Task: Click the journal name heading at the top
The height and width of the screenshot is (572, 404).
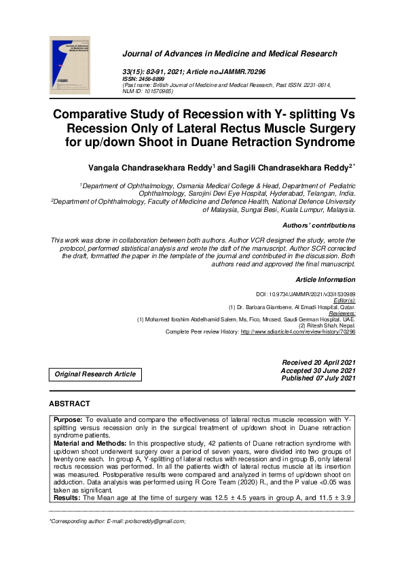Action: tap(229, 54)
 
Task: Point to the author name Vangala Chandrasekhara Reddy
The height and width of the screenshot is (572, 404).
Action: tap(151, 167)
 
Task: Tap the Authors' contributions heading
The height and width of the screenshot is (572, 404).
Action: tap(318, 225)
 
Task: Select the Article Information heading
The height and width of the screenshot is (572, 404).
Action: tap(325, 280)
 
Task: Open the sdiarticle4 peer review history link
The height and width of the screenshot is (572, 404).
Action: tap(298, 332)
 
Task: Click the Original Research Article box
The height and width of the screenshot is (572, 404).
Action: tap(95, 374)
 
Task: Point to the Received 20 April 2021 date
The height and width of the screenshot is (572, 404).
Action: tap(318, 362)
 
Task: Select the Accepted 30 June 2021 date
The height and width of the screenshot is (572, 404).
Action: tap(318, 370)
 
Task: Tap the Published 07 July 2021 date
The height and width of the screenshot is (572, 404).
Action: tap(318, 378)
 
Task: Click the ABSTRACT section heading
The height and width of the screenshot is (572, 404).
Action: tap(69, 404)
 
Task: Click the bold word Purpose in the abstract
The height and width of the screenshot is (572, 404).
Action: tap(69, 421)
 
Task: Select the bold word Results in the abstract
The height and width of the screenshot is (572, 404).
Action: tap(67, 498)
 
